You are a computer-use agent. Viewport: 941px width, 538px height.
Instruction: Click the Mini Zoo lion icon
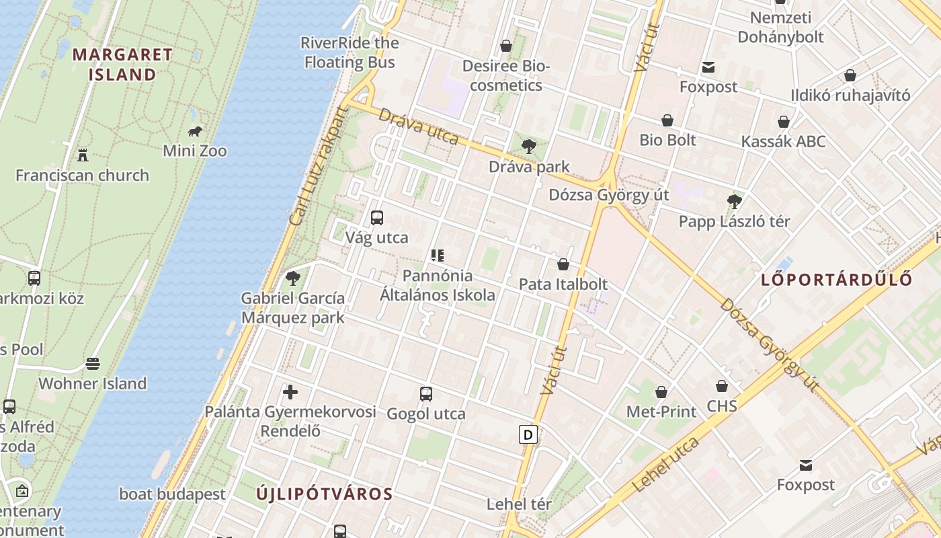tap(195, 131)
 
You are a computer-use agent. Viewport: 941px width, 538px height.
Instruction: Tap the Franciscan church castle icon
tap(83, 155)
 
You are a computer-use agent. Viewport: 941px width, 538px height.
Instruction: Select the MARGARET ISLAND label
tap(122, 64)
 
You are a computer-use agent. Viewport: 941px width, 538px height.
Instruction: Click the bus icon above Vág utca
tap(377, 218)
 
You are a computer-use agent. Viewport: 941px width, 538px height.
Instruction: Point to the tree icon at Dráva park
tap(529, 146)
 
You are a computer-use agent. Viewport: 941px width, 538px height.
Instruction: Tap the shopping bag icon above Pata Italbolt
tap(563, 264)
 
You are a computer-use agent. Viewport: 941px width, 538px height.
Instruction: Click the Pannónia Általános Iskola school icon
tap(438, 256)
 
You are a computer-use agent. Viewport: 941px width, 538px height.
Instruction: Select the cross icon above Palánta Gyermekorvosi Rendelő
tap(290, 391)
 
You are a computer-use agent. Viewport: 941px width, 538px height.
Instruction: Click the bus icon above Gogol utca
tap(425, 394)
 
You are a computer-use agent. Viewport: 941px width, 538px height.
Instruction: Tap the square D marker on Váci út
tap(528, 434)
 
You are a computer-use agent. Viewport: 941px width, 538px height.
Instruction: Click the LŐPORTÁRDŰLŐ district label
tap(837, 280)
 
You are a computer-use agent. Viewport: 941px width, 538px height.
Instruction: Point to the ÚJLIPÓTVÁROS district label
tap(325, 494)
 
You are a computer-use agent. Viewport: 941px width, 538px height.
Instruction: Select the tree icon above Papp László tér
tap(734, 201)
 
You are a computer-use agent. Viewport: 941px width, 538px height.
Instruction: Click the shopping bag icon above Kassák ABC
tap(784, 122)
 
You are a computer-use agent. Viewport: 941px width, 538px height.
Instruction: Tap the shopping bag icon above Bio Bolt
tap(667, 121)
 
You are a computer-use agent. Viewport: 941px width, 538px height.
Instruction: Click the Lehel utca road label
tap(665, 464)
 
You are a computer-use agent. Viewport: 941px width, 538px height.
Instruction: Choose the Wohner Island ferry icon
tap(93, 364)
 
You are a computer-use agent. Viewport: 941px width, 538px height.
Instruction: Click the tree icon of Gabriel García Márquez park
tap(292, 278)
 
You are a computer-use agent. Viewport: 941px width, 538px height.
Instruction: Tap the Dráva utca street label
tap(418, 126)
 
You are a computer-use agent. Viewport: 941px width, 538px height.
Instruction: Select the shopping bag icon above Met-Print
tap(661, 392)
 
